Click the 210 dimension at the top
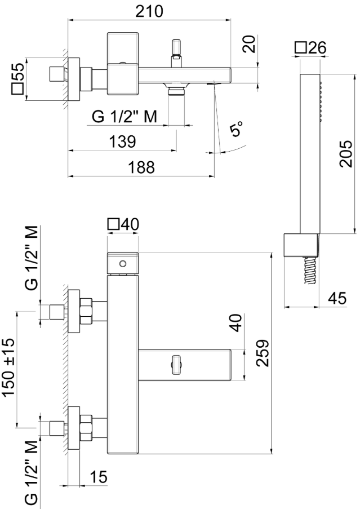149,11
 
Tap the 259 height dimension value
262,353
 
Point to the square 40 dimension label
122,224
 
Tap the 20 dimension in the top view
249,43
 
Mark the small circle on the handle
122,263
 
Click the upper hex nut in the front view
86,312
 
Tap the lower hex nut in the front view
86,427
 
